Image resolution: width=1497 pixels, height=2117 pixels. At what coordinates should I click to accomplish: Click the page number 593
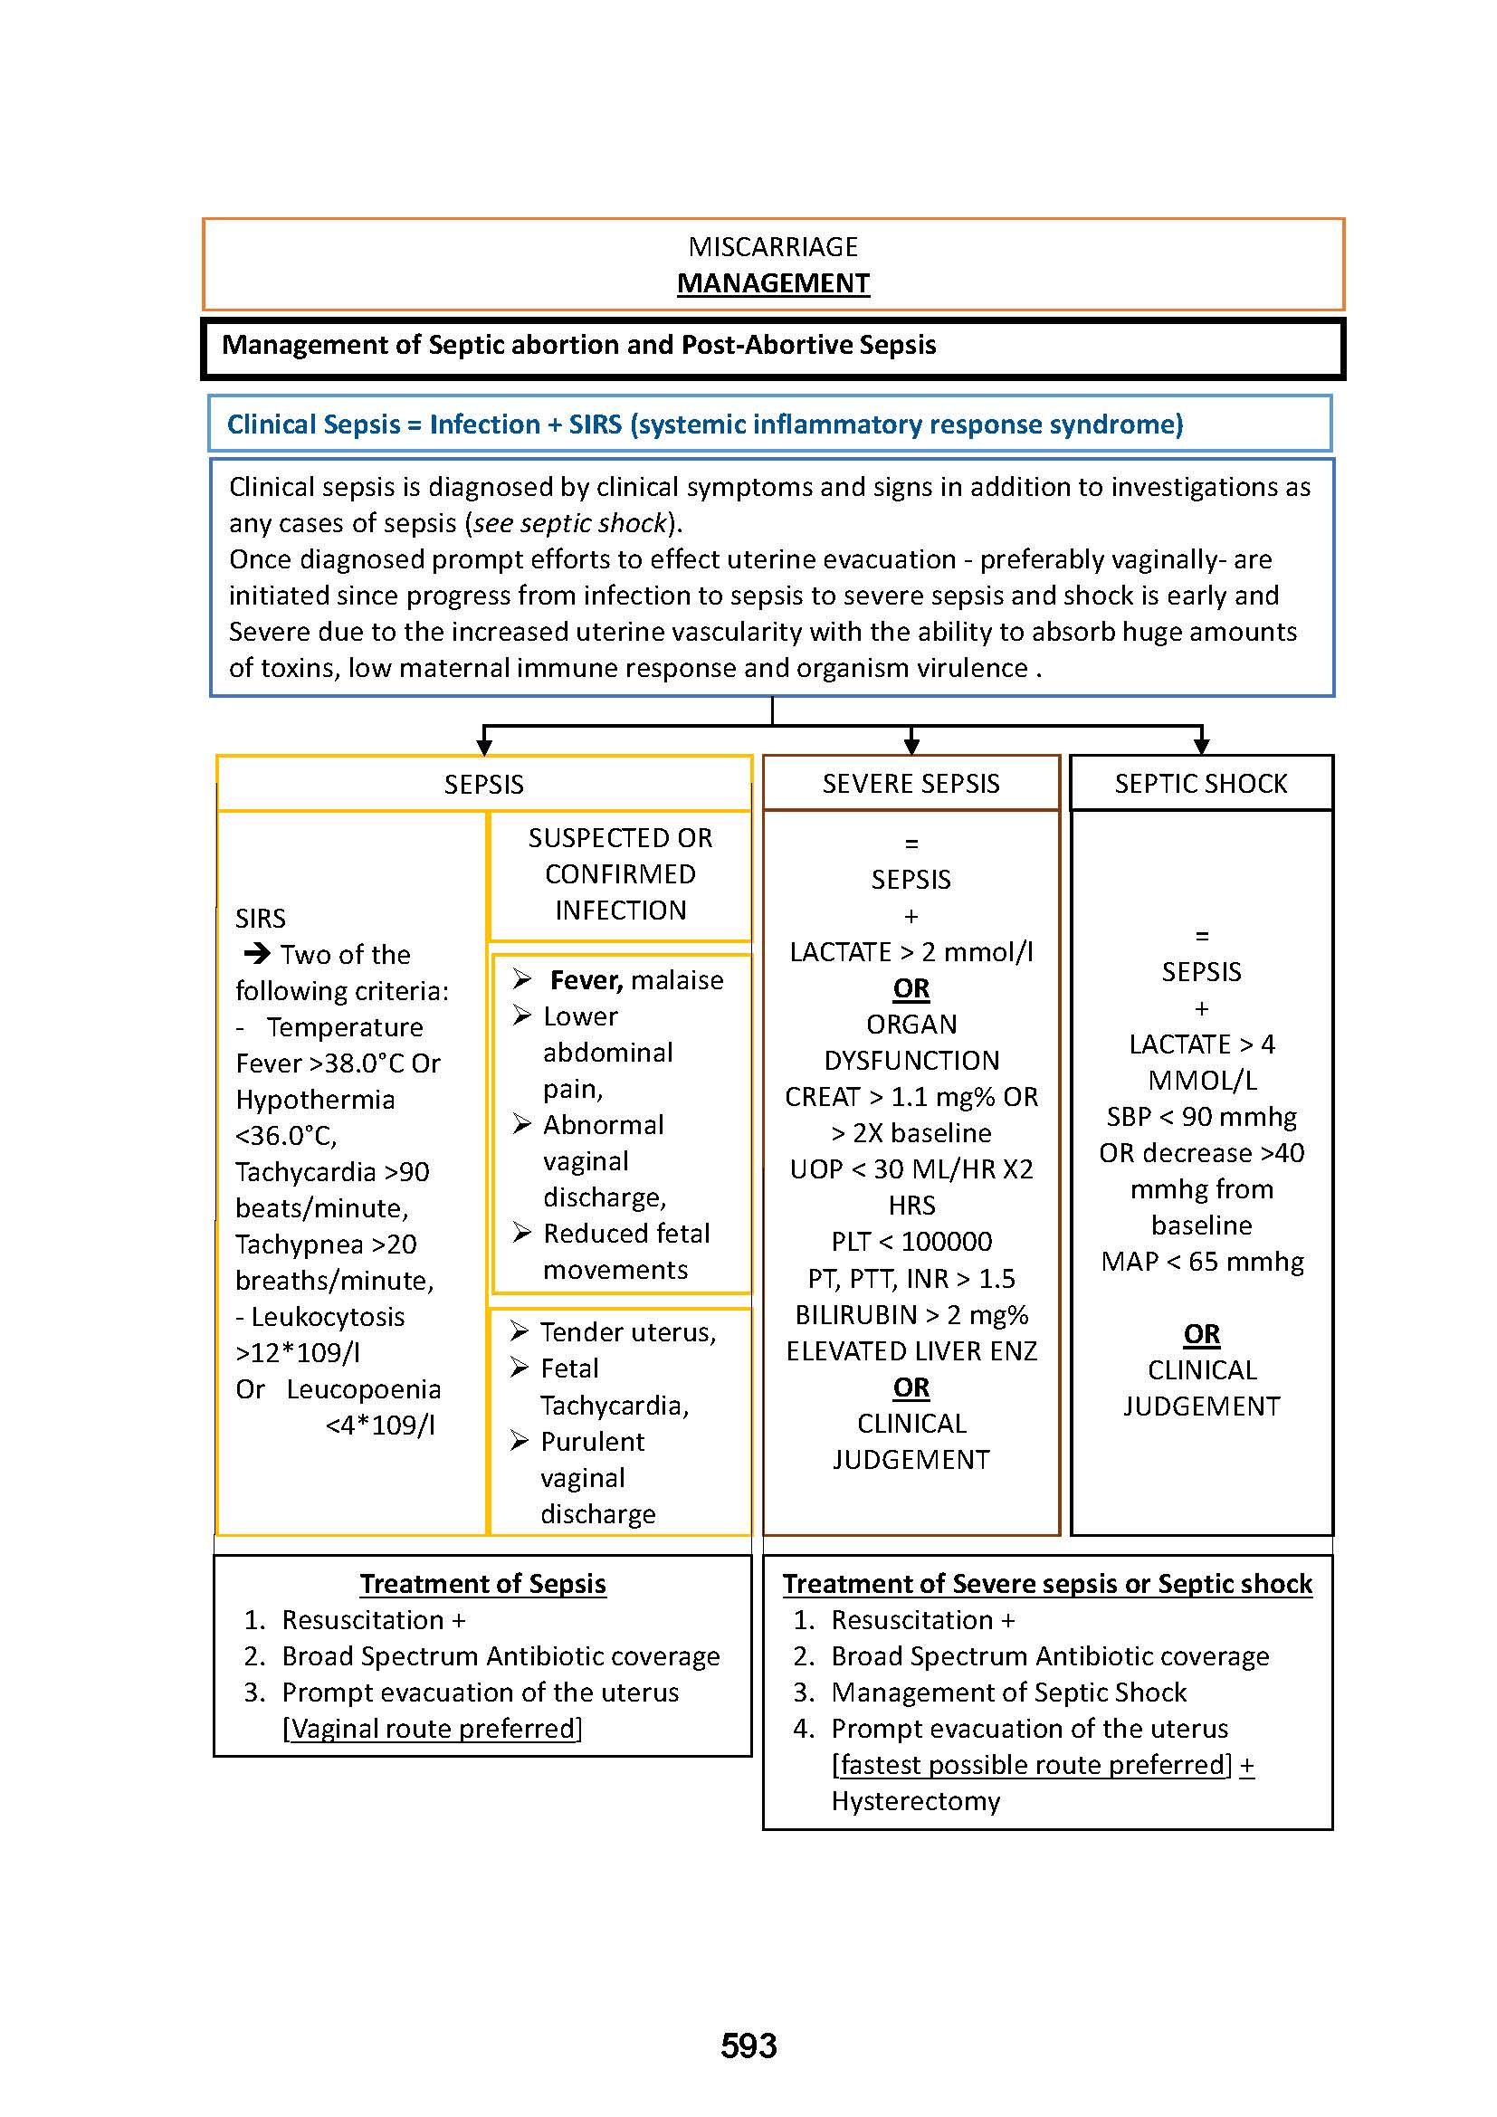(x=748, y=2045)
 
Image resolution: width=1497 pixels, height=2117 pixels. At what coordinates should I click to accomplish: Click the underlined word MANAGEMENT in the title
(x=772, y=283)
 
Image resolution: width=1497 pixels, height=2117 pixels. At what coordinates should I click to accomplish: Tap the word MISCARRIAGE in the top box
(x=772, y=246)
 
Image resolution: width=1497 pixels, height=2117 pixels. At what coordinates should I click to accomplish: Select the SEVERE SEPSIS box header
(x=911, y=784)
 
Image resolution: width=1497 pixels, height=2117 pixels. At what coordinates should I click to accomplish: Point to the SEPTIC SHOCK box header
(x=1200, y=784)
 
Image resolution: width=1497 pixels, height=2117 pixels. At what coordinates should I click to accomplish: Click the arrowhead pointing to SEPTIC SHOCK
(x=1201, y=746)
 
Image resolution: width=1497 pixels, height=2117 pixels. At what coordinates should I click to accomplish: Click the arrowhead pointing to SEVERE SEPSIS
(x=911, y=746)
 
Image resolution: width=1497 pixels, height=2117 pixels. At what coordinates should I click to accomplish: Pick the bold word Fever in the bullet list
(x=586, y=980)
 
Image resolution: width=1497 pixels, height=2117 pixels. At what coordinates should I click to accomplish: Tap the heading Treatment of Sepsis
(x=483, y=1583)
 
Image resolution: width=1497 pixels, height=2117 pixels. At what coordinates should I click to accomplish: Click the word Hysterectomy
(x=915, y=1801)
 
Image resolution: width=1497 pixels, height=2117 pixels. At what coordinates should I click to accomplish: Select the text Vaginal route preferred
(x=433, y=1728)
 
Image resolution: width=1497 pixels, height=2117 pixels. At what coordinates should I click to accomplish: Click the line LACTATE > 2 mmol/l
(x=911, y=951)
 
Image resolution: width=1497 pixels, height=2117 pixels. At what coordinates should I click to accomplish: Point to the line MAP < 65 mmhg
(x=1202, y=1262)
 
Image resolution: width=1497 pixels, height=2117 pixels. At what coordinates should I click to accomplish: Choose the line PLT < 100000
(x=911, y=1241)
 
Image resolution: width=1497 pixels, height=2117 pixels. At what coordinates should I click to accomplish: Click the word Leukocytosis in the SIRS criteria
(x=328, y=1317)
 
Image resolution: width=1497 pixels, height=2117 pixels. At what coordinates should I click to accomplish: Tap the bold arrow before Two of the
(x=256, y=953)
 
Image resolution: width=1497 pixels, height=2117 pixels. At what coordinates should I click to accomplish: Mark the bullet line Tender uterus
(x=628, y=1332)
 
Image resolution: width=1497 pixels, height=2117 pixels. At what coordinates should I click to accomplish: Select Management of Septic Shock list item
(x=1008, y=1692)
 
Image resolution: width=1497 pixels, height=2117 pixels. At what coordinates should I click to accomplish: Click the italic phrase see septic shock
(x=569, y=523)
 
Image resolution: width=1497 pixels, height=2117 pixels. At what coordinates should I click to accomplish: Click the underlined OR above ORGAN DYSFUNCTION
(x=911, y=988)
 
